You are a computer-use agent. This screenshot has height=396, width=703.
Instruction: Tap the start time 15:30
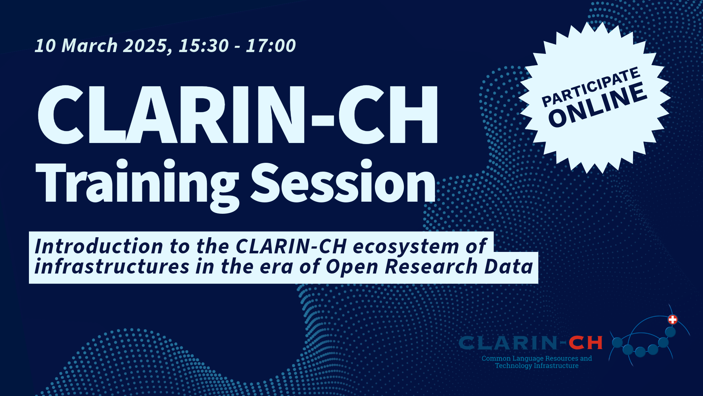[x=204, y=46]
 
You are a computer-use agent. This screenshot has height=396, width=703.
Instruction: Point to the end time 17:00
[x=271, y=46]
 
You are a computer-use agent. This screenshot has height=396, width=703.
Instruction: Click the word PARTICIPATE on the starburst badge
[x=591, y=87]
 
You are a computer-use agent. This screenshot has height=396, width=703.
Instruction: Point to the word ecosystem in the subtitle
[x=406, y=247]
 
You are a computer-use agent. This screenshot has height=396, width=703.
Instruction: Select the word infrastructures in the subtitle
[x=112, y=267]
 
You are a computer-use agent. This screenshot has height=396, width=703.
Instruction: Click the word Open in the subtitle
[x=352, y=267]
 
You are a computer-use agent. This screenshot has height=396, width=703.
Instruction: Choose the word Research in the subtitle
[x=431, y=267]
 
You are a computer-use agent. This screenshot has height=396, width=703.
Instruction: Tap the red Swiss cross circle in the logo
[x=673, y=320]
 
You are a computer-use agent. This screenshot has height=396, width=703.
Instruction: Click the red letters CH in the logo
[x=585, y=343]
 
